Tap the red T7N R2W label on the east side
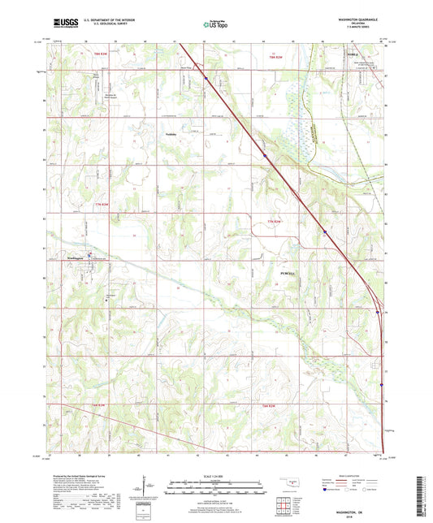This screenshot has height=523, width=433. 274,221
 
